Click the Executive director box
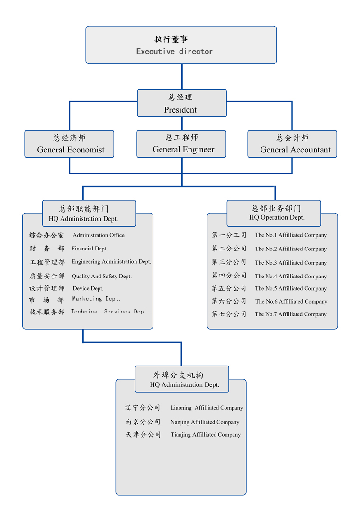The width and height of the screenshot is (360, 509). [181, 45]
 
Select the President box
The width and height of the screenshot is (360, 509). [182, 103]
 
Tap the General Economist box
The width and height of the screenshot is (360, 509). [69, 144]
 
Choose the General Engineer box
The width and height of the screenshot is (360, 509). [181, 144]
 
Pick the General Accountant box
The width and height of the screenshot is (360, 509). [292, 144]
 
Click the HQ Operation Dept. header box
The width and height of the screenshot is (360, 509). [274, 213]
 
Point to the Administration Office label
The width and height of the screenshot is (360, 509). [99, 235]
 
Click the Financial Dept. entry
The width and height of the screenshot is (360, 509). [90, 249]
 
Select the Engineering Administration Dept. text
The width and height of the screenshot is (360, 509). [111, 262]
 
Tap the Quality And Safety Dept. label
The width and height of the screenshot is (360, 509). [102, 276]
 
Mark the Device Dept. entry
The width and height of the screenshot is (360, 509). [88, 288]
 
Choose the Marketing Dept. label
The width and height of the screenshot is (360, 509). [97, 299]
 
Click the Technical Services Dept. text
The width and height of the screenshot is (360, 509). [110, 312]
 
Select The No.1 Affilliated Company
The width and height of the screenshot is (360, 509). [291, 235]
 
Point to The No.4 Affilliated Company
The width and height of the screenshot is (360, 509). [291, 276]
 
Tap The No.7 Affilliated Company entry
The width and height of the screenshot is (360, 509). [291, 314]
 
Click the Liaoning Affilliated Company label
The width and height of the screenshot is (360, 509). [207, 408]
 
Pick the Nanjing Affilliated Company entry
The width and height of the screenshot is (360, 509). [205, 422]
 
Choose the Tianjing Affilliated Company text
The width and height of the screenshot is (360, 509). [206, 435]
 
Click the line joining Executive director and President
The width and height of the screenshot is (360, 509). [182, 77]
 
